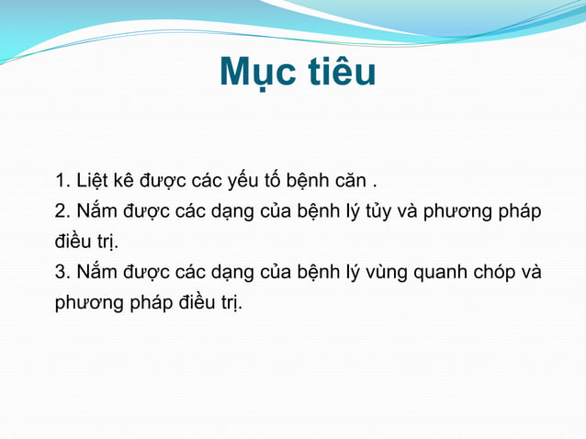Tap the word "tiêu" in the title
[x=337, y=73]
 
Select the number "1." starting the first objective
[x=63, y=178]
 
